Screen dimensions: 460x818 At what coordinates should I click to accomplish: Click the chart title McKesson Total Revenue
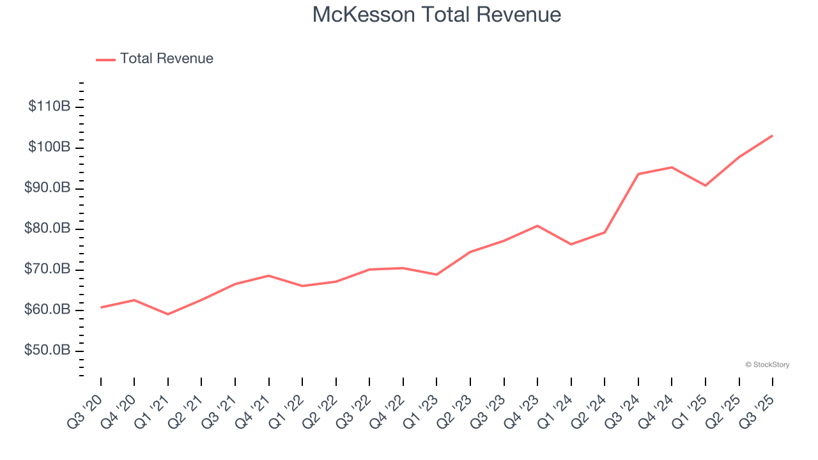pos(436,15)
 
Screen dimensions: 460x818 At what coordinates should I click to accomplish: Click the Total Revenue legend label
pos(166,59)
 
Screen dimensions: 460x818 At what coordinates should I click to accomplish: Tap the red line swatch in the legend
pos(105,59)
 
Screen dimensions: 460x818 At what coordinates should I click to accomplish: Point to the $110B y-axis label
pos(49,107)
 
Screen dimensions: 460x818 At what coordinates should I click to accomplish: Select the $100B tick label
pos(49,148)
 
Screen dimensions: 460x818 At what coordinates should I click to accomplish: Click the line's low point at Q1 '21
pos(168,314)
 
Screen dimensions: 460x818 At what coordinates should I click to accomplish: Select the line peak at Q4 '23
pos(537,226)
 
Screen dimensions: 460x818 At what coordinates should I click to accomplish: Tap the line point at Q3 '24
pos(638,174)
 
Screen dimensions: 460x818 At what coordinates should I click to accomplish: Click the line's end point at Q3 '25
pos(772,135)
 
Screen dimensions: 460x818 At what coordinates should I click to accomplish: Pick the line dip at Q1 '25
pos(706,185)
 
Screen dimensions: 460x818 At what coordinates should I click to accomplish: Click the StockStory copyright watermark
pos(767,365)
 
